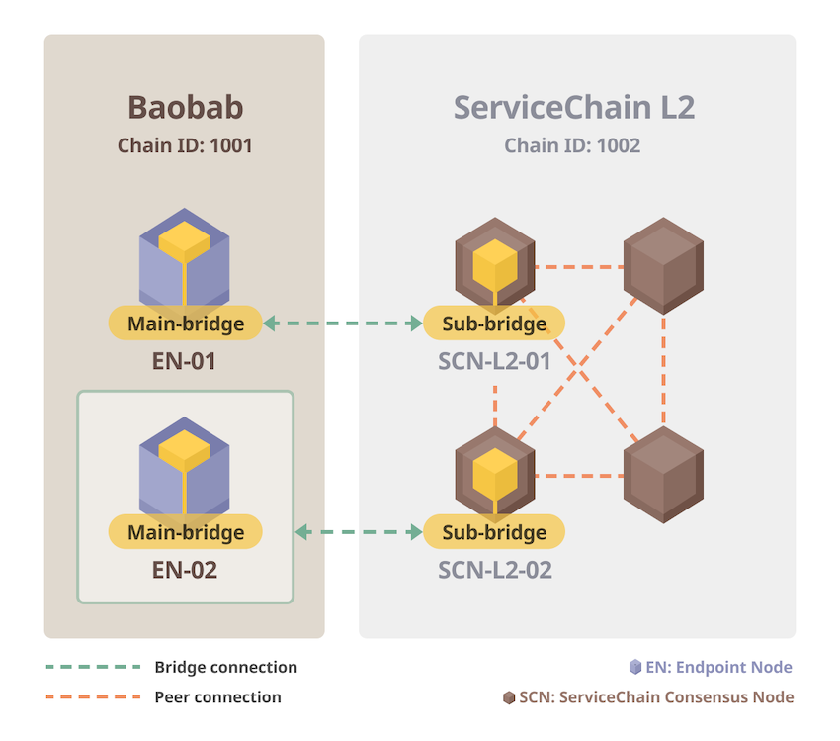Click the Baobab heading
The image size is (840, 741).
[185, 107]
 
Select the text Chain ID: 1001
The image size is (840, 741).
[185, 146]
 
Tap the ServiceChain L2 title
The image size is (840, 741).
[574, 107]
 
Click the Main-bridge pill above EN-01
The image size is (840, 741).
[185, 324]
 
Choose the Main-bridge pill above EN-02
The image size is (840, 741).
[185, 533]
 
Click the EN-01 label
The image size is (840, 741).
[185, 361]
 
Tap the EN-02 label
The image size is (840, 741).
[185, 570]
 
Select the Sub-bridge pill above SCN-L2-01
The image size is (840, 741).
[494, 324]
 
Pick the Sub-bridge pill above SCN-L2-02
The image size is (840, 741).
[494, 533]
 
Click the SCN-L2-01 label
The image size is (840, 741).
[494, 361]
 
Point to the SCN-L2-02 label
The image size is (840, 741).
[494, 570]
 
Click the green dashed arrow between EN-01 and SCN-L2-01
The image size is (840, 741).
[342, 324]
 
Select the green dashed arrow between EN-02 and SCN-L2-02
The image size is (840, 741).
[360, 533]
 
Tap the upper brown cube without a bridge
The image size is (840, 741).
[663, 266]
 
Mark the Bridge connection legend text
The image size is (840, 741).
[225, 667]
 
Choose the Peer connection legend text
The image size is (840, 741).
[217, 697]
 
